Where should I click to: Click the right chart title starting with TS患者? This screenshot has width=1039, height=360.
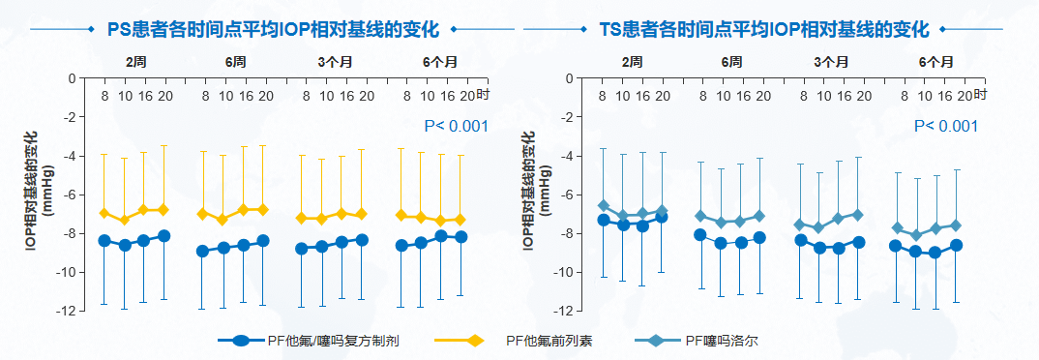(764, 28)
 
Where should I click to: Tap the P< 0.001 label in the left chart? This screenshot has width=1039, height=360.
(456, 126)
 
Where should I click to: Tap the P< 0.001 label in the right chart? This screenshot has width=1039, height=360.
(946, 126)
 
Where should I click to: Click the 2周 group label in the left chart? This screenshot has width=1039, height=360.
(135, 62)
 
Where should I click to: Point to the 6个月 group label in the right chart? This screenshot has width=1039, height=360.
(935, 62)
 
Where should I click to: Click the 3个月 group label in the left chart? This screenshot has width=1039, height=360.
(337, 62)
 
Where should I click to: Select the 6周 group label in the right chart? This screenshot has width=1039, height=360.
(732, 62)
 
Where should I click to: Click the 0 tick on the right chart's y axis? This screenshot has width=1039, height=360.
(568, 77)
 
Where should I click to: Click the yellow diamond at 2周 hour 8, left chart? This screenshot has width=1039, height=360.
(104, 213)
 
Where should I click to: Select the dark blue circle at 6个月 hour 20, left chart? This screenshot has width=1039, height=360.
(460, 237)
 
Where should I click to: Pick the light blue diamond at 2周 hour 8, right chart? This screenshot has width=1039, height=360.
(604, 205)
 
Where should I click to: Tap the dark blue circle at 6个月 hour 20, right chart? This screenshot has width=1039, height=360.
(956, 245)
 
